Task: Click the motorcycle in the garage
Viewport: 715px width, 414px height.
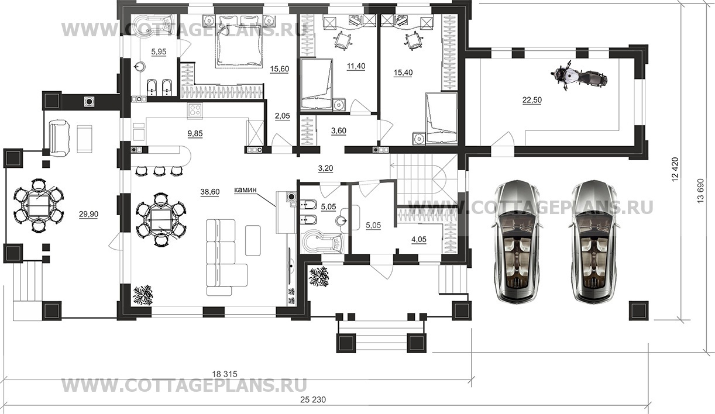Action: [x=579, y=76]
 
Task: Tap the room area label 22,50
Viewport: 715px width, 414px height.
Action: [x=532, y=100]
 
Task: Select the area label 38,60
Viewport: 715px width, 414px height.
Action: [x=210, y=192]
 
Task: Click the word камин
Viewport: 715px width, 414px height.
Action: [x=245, y=190]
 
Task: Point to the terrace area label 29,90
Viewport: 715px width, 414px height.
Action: [x=89, y=214]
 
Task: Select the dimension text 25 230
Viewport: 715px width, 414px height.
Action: [x=313, y=399]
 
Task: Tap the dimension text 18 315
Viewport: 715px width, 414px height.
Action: [x=225, y=374]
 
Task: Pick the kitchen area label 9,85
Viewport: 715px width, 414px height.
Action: [x=195, y=134]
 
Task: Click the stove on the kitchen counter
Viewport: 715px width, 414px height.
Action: [x=195, y=111]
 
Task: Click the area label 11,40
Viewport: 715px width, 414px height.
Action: [x=356, y=66]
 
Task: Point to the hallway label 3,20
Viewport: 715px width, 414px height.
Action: [x=325, y=168]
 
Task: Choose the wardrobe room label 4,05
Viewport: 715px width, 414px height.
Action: [x=419, y=240]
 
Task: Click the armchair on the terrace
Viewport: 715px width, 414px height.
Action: [x=59, y=138]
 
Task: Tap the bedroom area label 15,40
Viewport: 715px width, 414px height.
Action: [x=403, y=73]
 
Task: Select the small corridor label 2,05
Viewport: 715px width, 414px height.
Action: [x=283, y=116]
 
